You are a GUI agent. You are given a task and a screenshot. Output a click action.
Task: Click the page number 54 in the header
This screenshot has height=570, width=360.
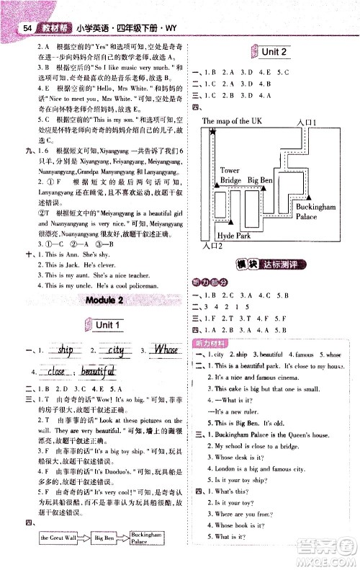(x=27, y=29)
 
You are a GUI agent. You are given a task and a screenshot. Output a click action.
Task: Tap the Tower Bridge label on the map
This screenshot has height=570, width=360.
(x=230, y=175)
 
